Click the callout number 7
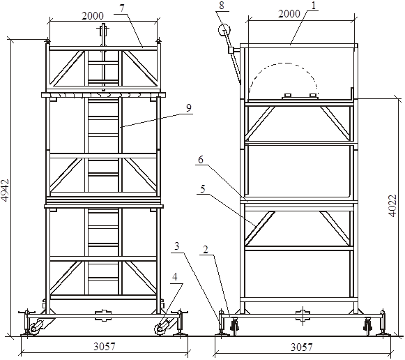click(122, 8)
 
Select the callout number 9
click(189, 107)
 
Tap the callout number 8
click(222, 6)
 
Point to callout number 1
click(314, 6)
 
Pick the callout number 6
click(201, 160)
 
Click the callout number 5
click(203, 189)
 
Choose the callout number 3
click(176, 246)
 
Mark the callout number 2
click(206, 250)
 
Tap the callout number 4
click(175, 277)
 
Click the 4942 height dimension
click(5, 190)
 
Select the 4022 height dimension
click(392, 205)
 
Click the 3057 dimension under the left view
click(105, 346)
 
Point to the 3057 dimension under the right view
click(301, 347)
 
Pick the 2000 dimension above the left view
click(93, 16)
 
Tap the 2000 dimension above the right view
click(289, 14)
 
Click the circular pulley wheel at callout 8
click(224, 30)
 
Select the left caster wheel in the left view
click(34, 329)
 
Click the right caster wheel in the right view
click(367, 327)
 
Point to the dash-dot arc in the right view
click(284, 63)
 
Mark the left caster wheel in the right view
click(236, 327)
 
